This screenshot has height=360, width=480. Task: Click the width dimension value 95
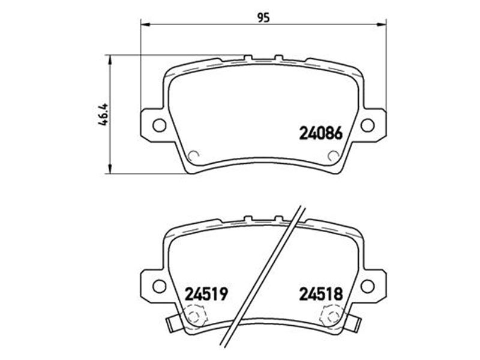pos(263,17)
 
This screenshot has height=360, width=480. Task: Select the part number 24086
pos(320,133)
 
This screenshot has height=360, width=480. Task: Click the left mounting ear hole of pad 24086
pos(159,125)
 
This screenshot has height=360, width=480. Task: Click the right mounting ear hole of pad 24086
pos(367,125)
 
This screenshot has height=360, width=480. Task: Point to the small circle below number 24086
pos(333,155)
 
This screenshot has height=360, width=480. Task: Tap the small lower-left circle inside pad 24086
pos(193,155)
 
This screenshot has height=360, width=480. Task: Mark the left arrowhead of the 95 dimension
pos(145,25)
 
